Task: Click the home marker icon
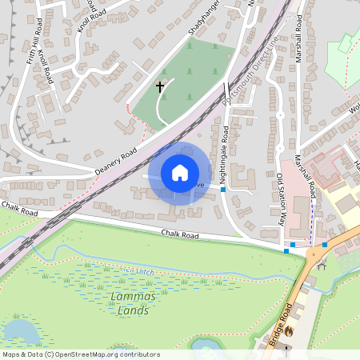pos(180,173)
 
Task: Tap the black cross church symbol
pos(159,85)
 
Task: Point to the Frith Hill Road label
pos(34,45)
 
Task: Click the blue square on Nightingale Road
pos(223,190)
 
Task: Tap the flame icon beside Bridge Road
pos(290,330)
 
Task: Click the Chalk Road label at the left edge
pos(19,213)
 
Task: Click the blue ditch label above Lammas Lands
pos(138,272)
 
